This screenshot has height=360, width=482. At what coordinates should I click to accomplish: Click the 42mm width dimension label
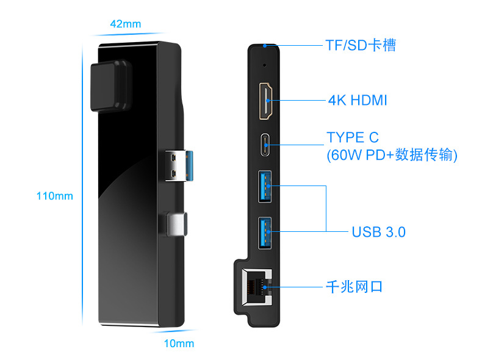click(x=126, y=24)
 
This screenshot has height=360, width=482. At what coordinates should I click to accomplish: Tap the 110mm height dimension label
click(x=55, y=196)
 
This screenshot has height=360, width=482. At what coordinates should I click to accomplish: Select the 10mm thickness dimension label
click(x=179, y=344)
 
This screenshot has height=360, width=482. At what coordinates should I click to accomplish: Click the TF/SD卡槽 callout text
click(x=361, y=45)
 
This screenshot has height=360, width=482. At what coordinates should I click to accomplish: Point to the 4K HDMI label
click(x=358, y=100)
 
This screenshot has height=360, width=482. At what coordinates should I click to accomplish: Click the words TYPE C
click(x=353, y=137)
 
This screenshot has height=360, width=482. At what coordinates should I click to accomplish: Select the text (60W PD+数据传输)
click(x=392, y=154)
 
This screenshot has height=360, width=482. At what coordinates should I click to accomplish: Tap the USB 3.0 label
click(x=378, y=232)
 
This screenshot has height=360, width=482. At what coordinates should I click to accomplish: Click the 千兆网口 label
click(x=354, y=287)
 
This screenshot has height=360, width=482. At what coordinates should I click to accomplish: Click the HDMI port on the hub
click(x=266, y=101)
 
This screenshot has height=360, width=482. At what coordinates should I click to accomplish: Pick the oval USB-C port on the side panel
click(x=265, y=145)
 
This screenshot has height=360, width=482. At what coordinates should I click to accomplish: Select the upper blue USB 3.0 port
click(x=265, y=187)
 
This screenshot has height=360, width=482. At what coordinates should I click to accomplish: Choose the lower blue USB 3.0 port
click(x=265, y=232)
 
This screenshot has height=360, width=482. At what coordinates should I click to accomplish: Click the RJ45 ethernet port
click(x=257, y=287)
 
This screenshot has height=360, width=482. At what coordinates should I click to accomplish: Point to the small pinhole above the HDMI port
click(x=265, y=65)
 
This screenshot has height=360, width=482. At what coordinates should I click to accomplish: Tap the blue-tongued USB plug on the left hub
click(x=179, y=166)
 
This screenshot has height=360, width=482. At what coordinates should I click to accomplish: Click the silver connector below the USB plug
click(x=176, y=224)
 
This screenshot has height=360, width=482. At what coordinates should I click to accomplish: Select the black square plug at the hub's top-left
click(x=111, y=86)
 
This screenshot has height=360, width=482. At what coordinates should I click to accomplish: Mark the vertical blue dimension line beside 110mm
click(x=82, y=184)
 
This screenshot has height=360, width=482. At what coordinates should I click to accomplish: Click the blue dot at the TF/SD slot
click(x=265, y=46)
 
